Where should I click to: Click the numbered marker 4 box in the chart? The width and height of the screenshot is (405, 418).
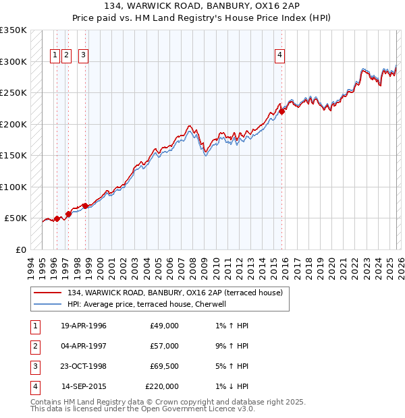tap(279, 56)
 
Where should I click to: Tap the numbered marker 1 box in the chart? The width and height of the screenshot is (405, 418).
tap(55, 56)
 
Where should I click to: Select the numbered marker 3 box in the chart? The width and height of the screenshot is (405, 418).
tap(83, 56)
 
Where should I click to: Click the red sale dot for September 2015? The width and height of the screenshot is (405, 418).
tap(283, 112)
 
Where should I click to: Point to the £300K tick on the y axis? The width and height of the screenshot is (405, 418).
tap(13, 61)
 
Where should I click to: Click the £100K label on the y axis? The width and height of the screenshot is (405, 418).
tap(13, 187)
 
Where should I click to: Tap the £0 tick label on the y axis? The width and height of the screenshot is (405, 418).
tap(20, 249)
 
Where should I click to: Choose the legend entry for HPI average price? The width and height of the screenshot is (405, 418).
tap(148, 304)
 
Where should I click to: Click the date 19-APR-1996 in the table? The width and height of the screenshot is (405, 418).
tap(84, 326)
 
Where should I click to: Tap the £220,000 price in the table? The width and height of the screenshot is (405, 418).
tap(162, 386)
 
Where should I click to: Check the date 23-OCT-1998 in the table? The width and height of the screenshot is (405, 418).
tap(84, 366)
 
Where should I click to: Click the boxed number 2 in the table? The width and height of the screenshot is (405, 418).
tap(34, 346)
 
